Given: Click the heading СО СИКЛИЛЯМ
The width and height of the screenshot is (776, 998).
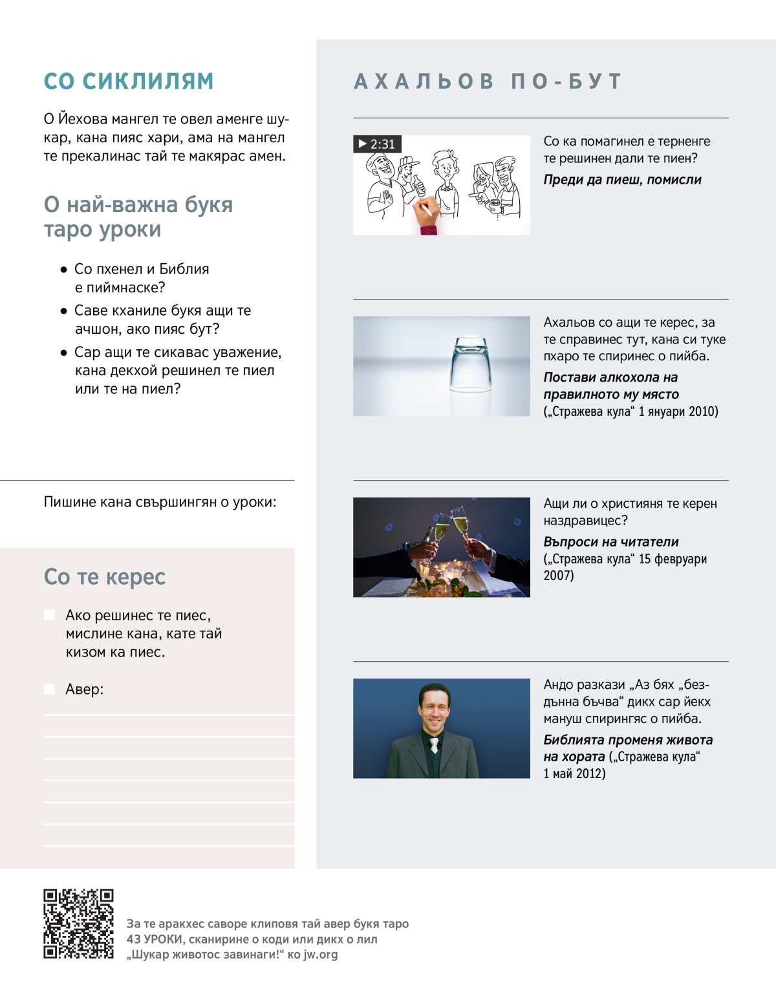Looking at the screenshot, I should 128,81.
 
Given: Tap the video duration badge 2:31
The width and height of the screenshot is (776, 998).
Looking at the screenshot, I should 377,144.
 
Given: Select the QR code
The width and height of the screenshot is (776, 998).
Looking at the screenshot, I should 78,924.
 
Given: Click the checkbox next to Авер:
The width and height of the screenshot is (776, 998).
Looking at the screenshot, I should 49,689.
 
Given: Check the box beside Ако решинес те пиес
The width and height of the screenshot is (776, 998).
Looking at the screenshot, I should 49,615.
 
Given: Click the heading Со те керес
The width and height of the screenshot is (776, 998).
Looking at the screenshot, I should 105,576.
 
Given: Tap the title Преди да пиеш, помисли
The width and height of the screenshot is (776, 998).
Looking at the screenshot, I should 622,180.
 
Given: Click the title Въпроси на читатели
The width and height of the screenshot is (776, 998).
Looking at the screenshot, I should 610,542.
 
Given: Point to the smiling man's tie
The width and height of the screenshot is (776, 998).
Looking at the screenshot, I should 435,744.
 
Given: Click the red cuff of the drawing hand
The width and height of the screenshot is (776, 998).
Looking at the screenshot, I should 429,229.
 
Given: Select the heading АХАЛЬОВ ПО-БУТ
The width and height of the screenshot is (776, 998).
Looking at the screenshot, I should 488,81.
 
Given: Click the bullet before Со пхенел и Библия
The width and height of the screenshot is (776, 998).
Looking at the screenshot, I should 63,269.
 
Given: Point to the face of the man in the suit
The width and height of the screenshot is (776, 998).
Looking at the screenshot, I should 433,707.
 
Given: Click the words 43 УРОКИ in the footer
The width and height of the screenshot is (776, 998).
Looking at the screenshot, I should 155,939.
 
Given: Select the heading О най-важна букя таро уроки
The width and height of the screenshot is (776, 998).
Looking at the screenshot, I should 138,217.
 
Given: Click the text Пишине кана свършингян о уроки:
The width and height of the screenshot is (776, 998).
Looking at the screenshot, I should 160,502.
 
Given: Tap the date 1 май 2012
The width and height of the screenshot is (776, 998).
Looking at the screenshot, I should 574,774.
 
